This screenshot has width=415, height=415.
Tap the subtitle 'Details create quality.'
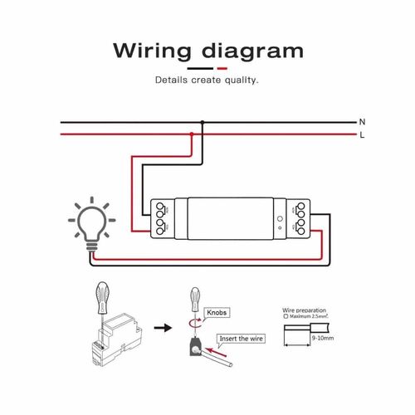pos(207,81)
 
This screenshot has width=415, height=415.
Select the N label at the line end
pos(362,122)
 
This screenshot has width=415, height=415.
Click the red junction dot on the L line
pos(192,133)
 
